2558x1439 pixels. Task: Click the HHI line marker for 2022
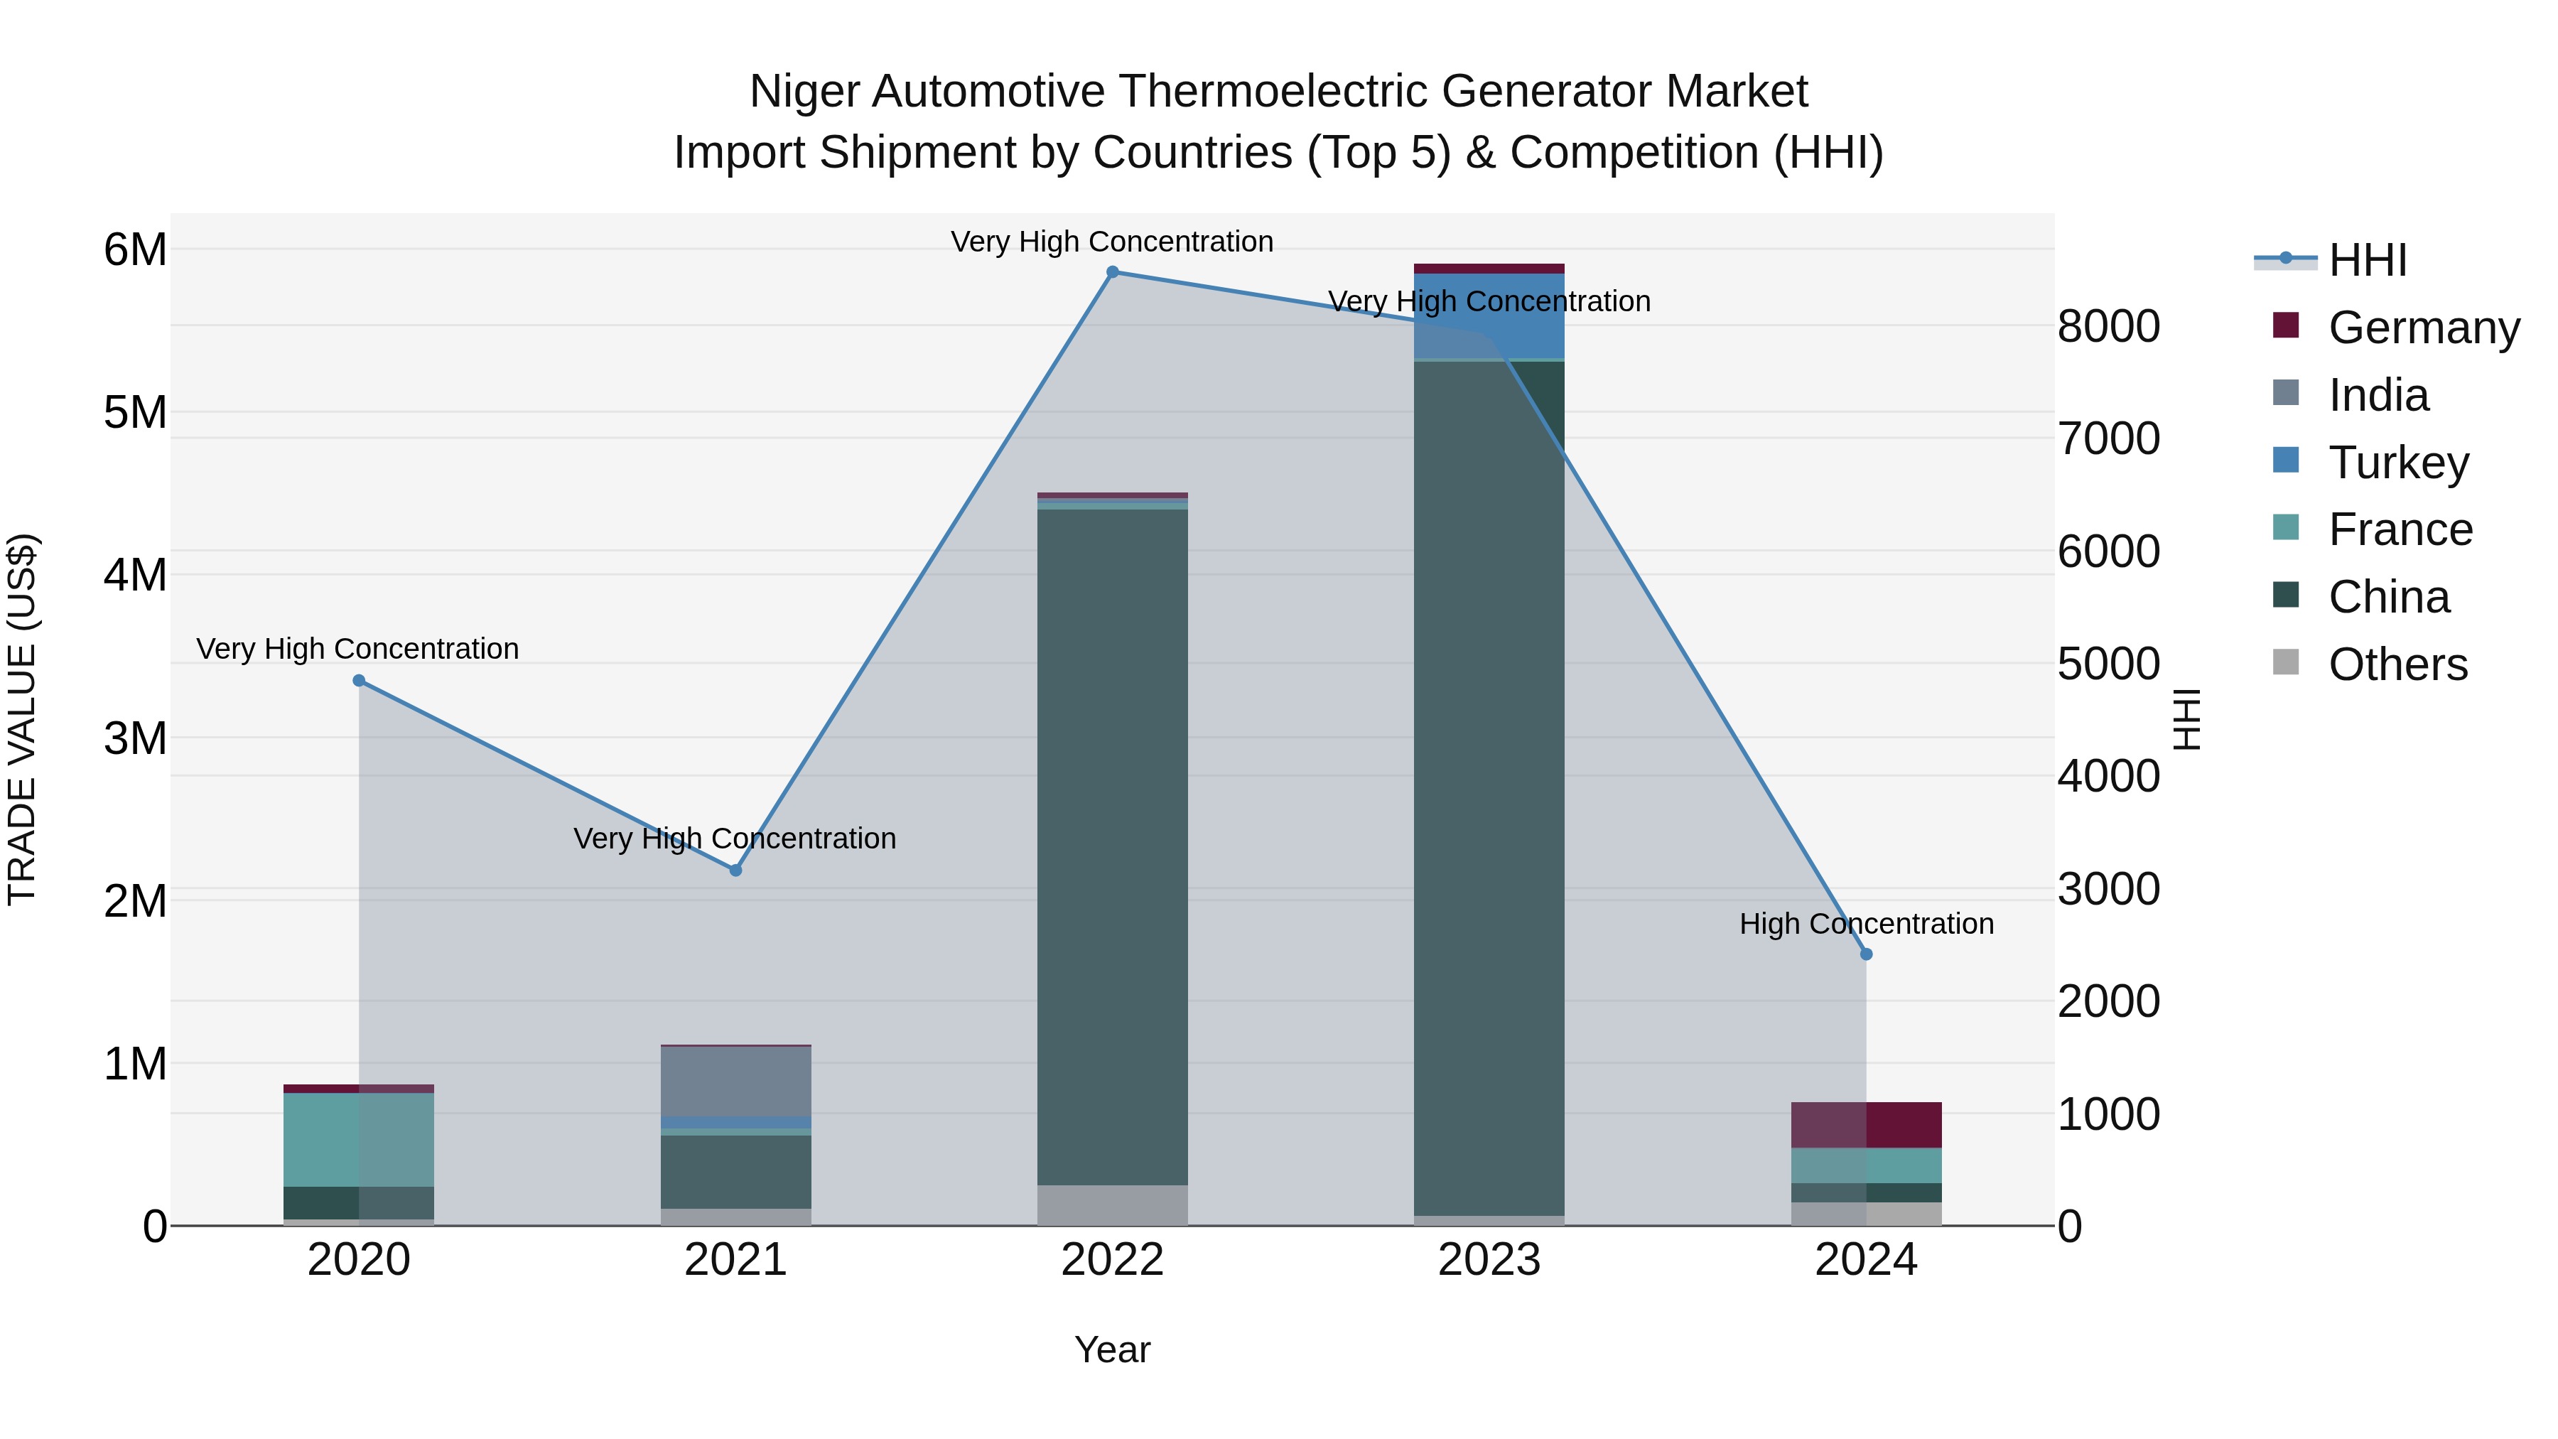click(x=1112, y=272)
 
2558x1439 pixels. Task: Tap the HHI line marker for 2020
click(x=360, y=680)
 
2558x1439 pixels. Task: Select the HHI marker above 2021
click(x=736, y=870)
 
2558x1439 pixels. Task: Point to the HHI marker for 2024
click(x=1866, y=954)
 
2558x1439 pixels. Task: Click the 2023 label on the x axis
click(x=1489, y=1260)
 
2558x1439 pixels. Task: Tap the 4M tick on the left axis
click(x=135, y=575)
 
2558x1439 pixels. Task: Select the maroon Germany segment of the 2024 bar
click(x=1867, y=1124)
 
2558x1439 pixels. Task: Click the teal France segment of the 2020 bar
click(x=360, y=1139)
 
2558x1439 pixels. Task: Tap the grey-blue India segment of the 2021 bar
click(x=736, y=1080)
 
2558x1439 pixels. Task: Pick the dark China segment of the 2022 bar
click(x=1112, y=844)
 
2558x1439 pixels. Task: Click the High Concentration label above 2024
click(x=1866, y=924)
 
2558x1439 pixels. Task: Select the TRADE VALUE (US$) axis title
click(x=22, y=719)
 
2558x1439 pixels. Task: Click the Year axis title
click(x=1112, y=1349)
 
